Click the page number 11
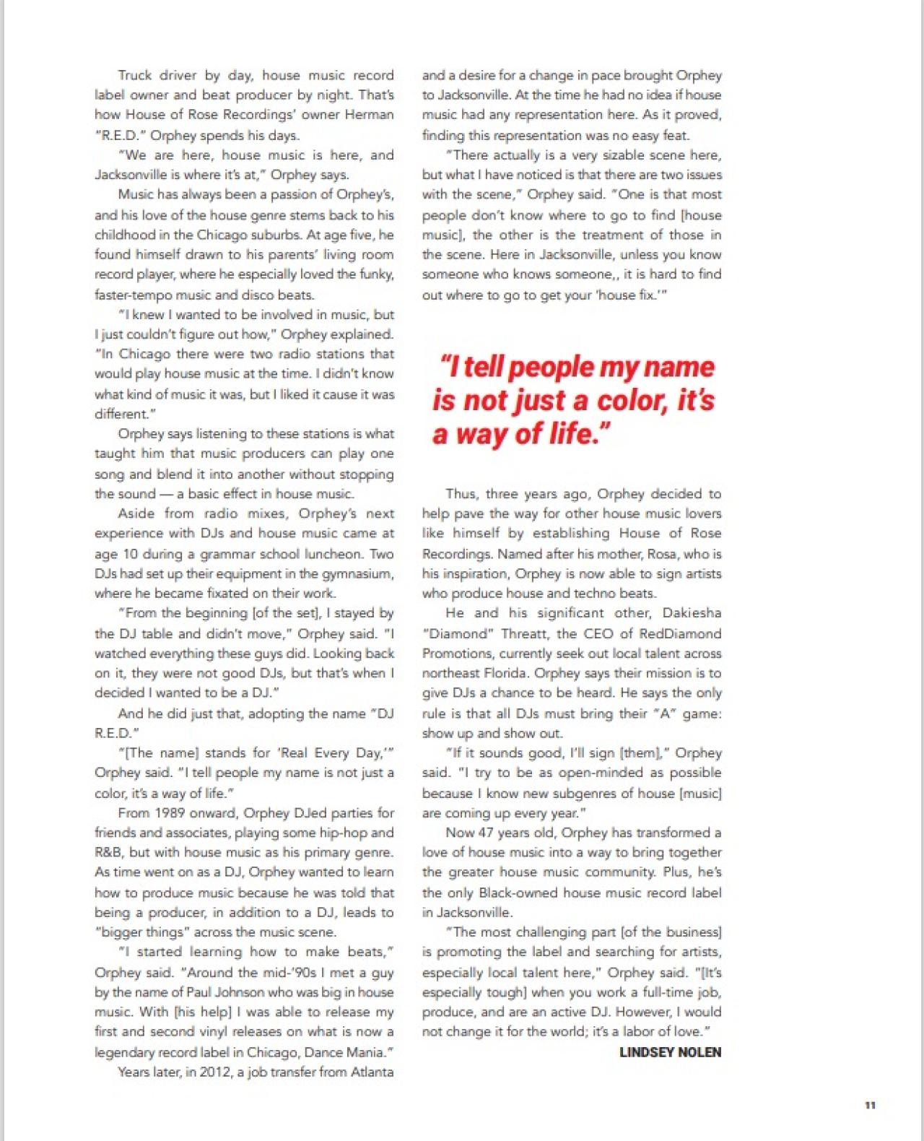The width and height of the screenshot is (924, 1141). pos(870,1106)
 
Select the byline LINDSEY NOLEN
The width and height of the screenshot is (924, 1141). pos(670,1052)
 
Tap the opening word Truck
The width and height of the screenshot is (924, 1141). pos(135,75)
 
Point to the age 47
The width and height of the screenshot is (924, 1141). pos(485,832)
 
